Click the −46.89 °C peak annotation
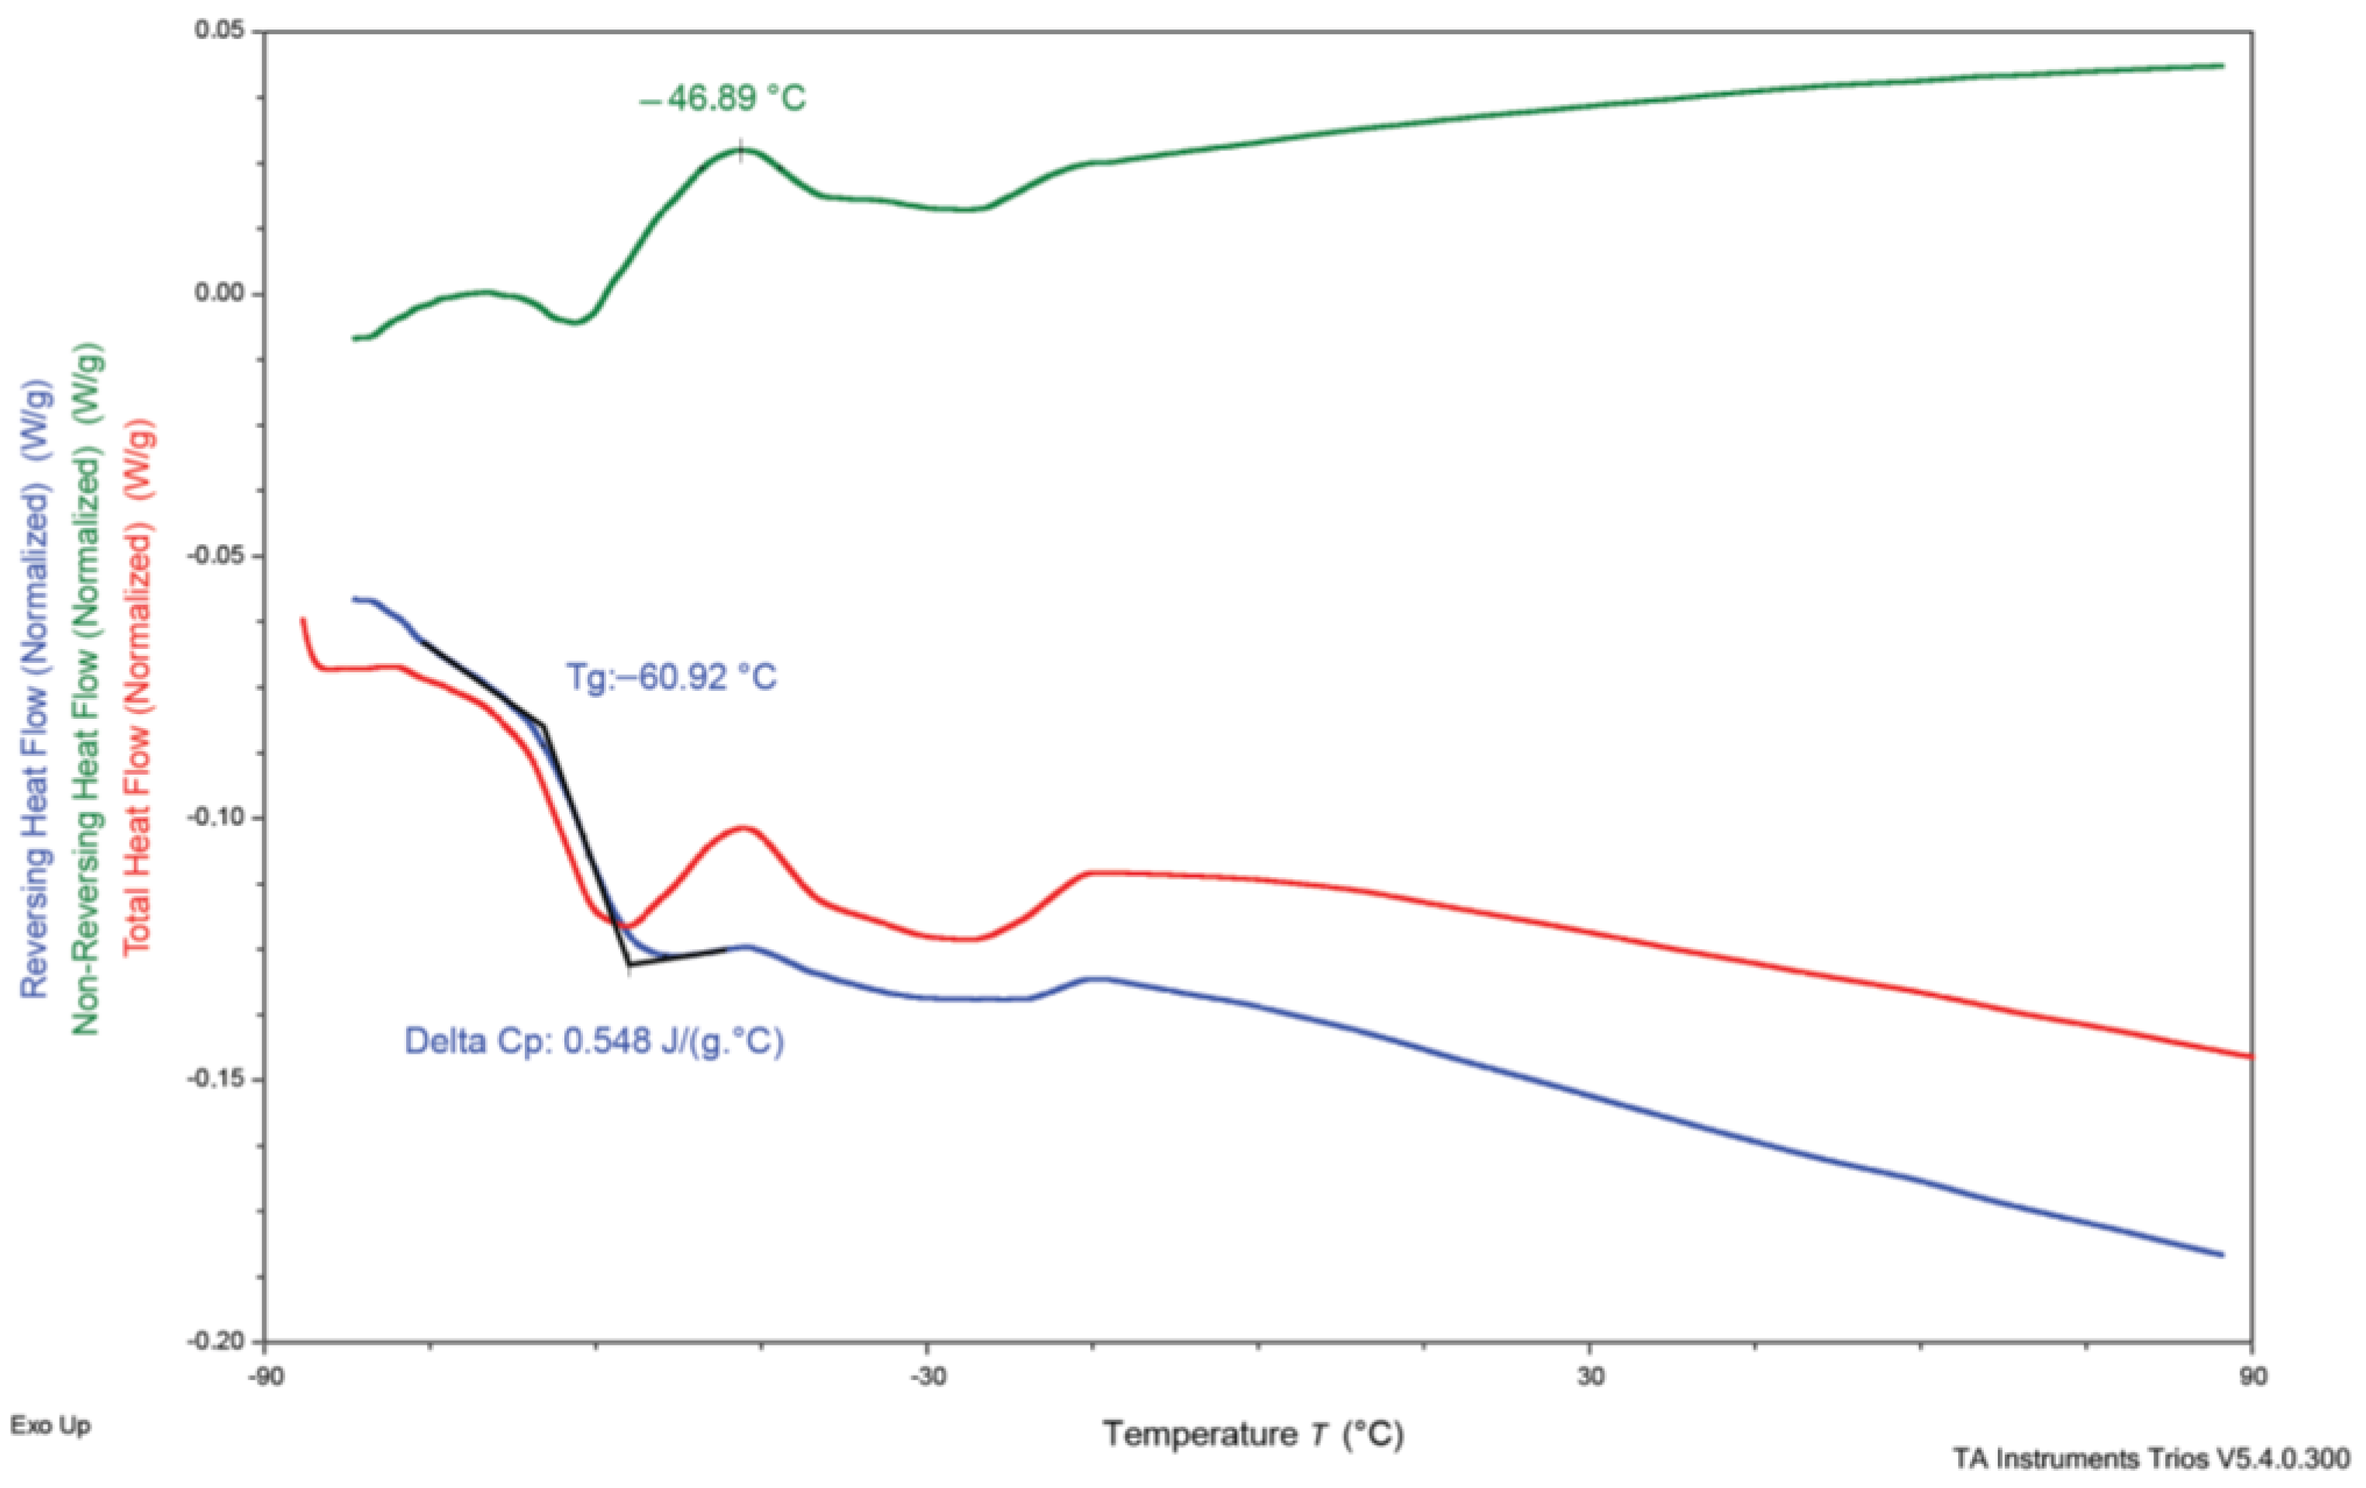pyautogui.click(x=723, y=99)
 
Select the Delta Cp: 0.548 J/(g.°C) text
pyautogui.click(x=595, y=1041)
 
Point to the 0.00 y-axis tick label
pyautogui.click(x=221, y=294)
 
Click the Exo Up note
pyautogui.click(x=50, y=1425)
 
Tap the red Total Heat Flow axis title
pyautogui.click(x=137, y=688)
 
